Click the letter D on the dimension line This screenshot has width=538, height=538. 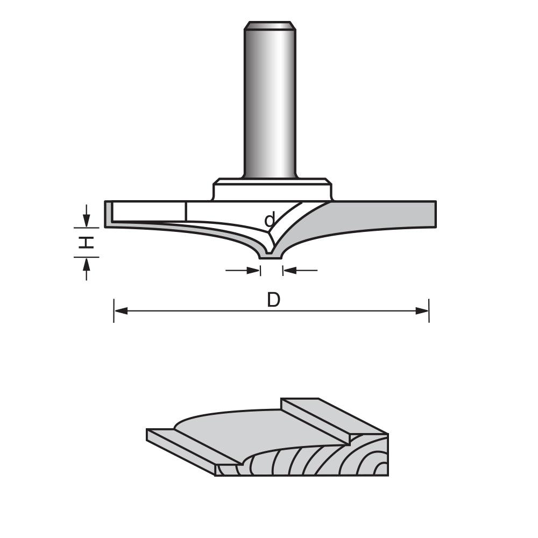pos(274,300)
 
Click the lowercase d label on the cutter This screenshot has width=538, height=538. pos(270,220)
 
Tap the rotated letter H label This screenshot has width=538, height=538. pos(86,243)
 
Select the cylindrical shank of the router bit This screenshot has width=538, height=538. pos(270,102)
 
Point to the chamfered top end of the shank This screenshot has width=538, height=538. pos(270,25)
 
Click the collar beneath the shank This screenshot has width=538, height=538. pos(272,190)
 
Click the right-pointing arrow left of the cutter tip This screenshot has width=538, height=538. pos(253,270)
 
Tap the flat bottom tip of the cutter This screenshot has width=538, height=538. pos(271,257)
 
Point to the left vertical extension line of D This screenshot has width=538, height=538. pos(114,310)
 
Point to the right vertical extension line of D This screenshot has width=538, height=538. pos(429,310)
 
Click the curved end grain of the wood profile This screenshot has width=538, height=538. pos(323,463)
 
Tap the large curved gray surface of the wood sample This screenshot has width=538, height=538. pos(253,430)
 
